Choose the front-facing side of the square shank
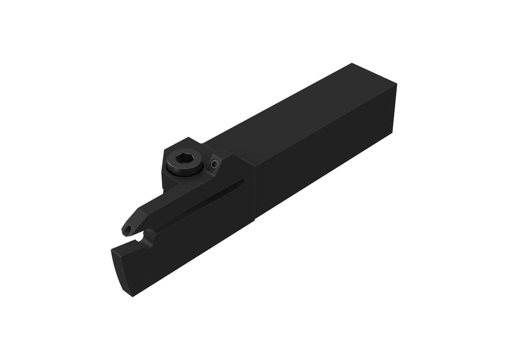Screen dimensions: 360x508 click(x=322, y=164)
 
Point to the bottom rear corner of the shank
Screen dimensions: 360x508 click(x=392, y=133)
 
